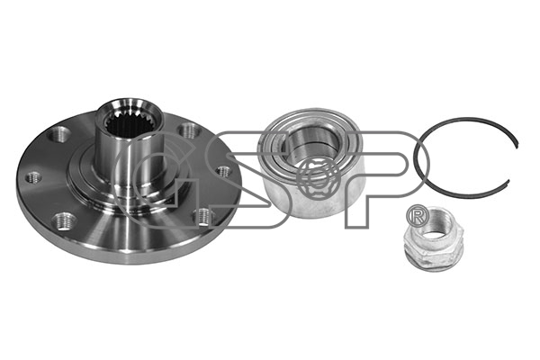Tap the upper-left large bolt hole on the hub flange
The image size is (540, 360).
tap(59, 134)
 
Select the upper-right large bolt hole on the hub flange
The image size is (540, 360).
tap(189, 131)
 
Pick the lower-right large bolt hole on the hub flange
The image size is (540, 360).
tap(205, 217)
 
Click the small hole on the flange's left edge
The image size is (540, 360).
tap(34, 178)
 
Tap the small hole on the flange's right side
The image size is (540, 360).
tap(224, 171)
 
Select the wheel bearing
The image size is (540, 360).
tap(310, 163)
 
